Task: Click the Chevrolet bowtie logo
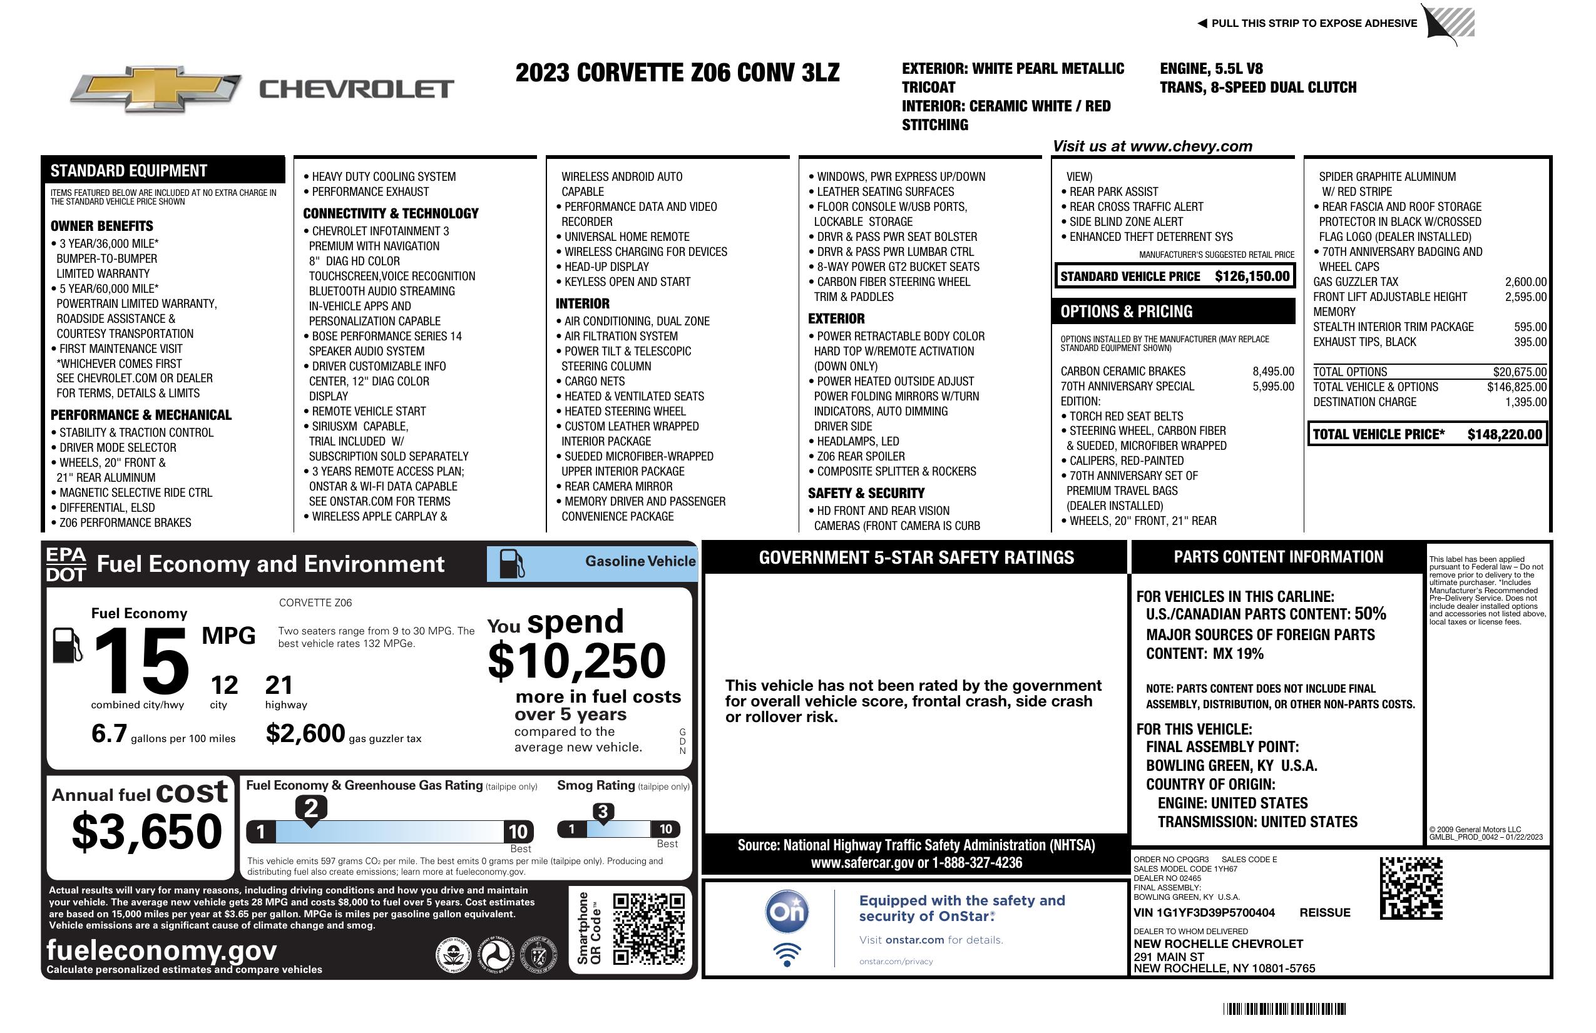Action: [156, 88]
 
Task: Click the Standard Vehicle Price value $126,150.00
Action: [1251, 276]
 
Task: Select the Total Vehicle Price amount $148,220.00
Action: [1504, 434]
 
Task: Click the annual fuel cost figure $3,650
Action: [147, 832]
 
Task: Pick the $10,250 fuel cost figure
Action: [576, 661]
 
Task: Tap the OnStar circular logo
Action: [787, 912]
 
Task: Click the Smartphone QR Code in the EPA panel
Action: [648, 928]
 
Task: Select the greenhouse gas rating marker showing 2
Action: [311, 808]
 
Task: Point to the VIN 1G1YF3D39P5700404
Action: [1204, 912]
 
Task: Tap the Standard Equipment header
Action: [129, 171]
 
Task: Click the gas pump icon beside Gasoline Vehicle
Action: [512, 564]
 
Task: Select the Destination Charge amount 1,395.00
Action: [1526, 402]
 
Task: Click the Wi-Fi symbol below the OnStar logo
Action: [787, 954]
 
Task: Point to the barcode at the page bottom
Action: [1284, 1009]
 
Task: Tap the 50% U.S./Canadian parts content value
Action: [1369, 614]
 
